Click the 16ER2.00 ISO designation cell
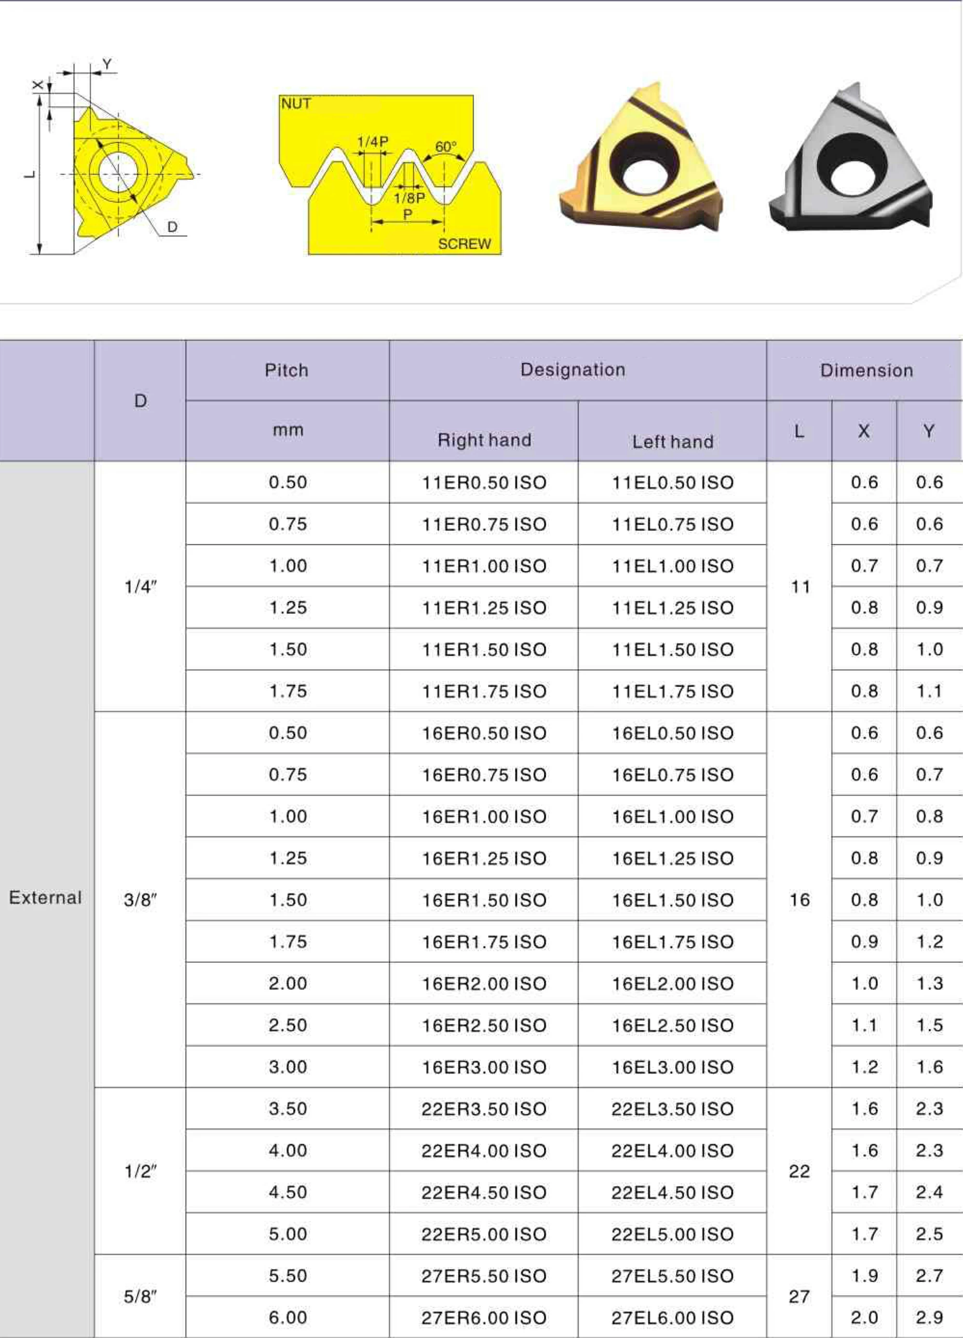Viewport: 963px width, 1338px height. point(484,984)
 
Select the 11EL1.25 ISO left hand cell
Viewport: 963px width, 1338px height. point(672,608)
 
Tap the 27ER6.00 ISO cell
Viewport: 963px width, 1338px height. point(484,1318)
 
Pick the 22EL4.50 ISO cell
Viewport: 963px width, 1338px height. point(672,1192)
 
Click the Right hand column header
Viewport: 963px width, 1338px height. point(484,440)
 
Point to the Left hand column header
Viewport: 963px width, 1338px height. point(673,442)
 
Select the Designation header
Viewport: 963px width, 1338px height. point(572,370)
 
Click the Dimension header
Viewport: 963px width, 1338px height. point(866,370)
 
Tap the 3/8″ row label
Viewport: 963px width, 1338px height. point(140,900)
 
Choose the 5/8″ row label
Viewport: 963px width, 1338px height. point(140,1297)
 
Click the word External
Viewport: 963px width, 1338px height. point(45,898)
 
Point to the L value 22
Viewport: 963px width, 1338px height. point(799,1172)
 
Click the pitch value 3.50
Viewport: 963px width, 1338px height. point(287,1108)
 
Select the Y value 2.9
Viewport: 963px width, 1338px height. point(929,1317)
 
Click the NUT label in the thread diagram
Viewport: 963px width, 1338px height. point(296,104)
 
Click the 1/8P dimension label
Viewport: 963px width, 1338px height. point(409,198)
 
